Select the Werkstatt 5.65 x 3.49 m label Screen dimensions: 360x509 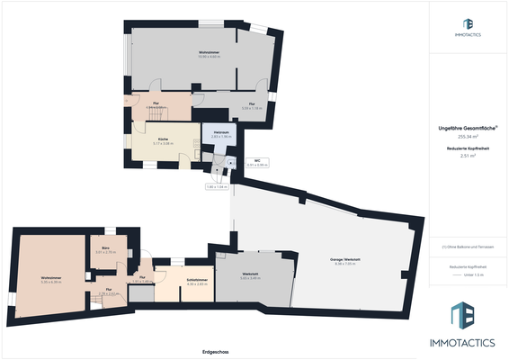click(250, 275)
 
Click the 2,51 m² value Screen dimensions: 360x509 click(467, 156)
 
